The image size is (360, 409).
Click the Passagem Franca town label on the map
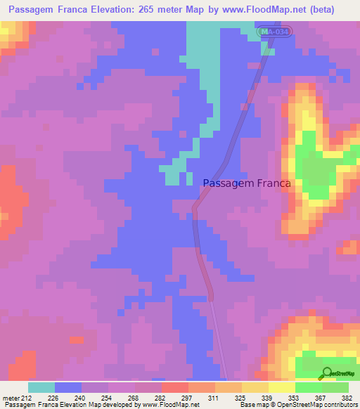(x=247, y=183)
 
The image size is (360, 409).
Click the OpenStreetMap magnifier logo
(x=326, y=373)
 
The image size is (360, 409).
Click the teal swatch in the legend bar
(x=41, y=387)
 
